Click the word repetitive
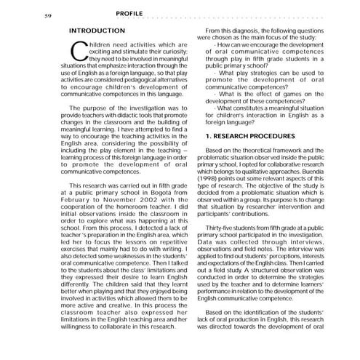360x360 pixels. (x=169, y=247)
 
